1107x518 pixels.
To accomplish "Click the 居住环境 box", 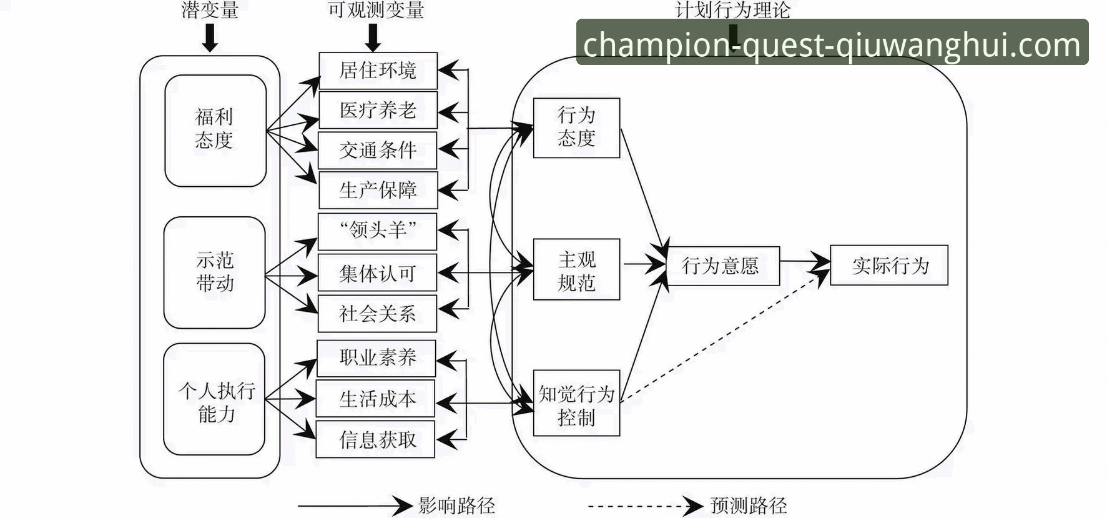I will point(378,71).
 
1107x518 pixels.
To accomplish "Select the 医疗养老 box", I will point(378,111).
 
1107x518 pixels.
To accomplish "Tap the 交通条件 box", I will point(378,150).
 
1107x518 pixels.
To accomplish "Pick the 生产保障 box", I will point(378,190).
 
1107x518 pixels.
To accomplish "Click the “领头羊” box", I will point(377,231).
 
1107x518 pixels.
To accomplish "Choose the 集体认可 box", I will point(377,272).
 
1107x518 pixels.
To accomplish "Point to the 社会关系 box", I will point(377,313).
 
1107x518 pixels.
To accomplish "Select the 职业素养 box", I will point(376,358).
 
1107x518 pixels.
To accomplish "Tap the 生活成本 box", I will point(376,399).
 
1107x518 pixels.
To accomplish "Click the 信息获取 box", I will point(376,440).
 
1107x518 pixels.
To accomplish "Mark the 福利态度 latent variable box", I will point(215,130).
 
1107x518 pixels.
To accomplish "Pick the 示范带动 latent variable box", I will point(215,272).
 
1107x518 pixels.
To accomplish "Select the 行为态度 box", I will point(576,127).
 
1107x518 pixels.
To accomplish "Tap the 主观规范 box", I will point(576,270).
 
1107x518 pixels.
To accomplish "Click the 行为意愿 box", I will point(722,266).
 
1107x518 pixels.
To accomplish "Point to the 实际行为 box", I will point(889,266).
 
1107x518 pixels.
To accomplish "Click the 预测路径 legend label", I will point(748,505).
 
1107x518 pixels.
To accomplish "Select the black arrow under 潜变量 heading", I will point(210,38).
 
